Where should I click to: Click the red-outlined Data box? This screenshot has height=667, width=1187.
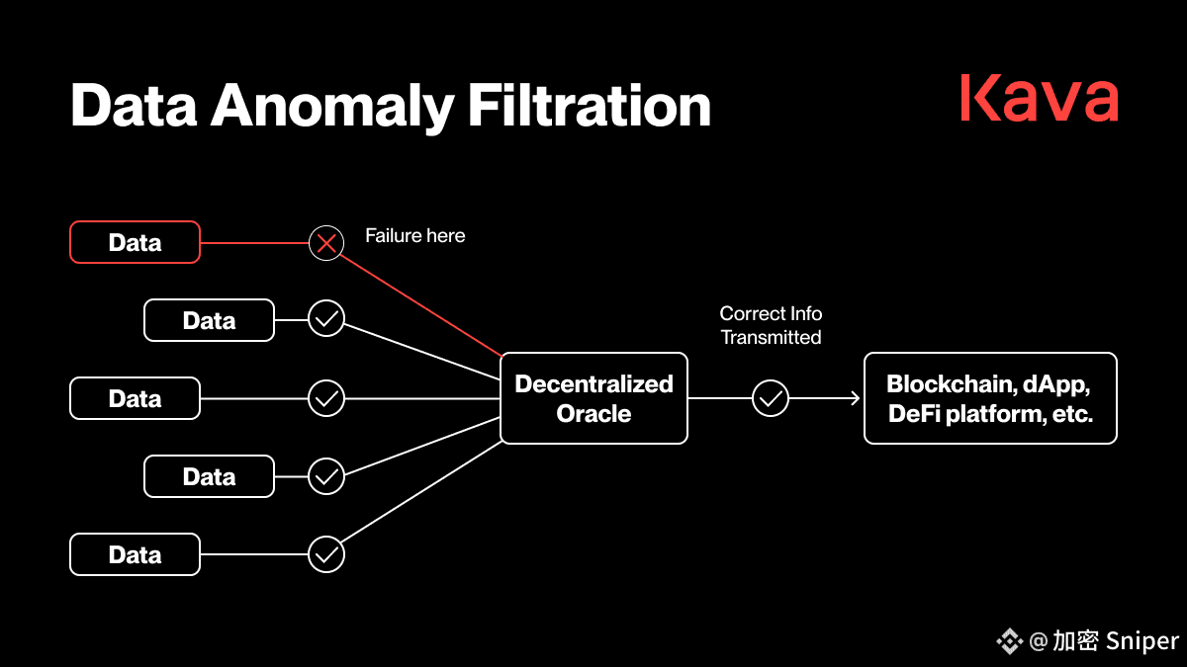(136, 242)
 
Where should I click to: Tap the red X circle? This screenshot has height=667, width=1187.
(326, 243)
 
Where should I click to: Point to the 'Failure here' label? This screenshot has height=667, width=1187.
(414, 235)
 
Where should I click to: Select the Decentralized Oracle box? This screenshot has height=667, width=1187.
(594, 398)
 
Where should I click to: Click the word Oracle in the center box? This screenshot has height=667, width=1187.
(593, 413)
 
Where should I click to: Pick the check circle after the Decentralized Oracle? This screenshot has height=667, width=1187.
(771, 398)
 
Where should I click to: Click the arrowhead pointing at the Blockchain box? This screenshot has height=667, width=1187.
(856, 398)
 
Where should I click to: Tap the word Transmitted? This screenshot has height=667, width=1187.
(771, 337)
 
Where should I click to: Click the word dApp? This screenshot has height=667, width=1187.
(1055, 384)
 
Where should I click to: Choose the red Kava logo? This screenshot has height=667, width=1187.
(1040, 99)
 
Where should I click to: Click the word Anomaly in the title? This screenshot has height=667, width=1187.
(332, 107)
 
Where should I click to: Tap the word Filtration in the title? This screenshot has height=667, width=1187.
(590, 106)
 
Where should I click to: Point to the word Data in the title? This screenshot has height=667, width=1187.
(134, 106)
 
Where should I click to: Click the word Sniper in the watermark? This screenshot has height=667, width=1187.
(1142, 640)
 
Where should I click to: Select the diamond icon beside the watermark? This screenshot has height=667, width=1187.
(1010, 641)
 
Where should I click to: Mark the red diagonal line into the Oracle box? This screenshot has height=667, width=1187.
(420, 305)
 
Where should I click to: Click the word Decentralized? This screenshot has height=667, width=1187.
(594, 383)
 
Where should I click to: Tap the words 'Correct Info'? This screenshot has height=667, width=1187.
(771, 313)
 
